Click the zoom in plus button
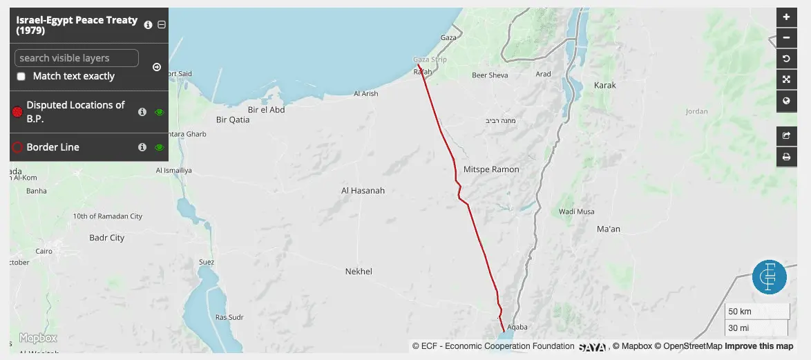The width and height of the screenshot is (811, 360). click(786, 17)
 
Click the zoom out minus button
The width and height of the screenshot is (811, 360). click(786, 38)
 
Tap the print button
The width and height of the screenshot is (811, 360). click(786, 158)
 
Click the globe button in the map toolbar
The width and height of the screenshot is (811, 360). click(786, 101)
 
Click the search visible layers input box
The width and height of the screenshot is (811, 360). click(76, 58)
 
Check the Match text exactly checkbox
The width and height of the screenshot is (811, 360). click(21, 77)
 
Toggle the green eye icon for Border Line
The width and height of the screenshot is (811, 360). click(160, 147)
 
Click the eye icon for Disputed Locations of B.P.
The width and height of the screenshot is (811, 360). click(160, 112)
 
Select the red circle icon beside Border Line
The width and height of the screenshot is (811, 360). click(18, 147)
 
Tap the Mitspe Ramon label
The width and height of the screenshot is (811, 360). click(491, 169)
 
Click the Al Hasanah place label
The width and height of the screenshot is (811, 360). click(363, 191)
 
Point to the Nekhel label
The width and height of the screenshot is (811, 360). click(359, 272)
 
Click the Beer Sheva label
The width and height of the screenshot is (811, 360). click(490, 75)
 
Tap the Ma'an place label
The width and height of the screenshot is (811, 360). click(608, 229)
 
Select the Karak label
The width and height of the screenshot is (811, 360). click(604, 86)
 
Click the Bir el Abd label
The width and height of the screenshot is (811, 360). click(266, 110)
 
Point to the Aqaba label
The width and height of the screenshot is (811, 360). click(517, 326)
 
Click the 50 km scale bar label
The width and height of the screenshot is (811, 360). click(741, 312)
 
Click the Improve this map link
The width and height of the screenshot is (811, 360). click(759, 346)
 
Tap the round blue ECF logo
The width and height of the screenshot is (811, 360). click(770, 277)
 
